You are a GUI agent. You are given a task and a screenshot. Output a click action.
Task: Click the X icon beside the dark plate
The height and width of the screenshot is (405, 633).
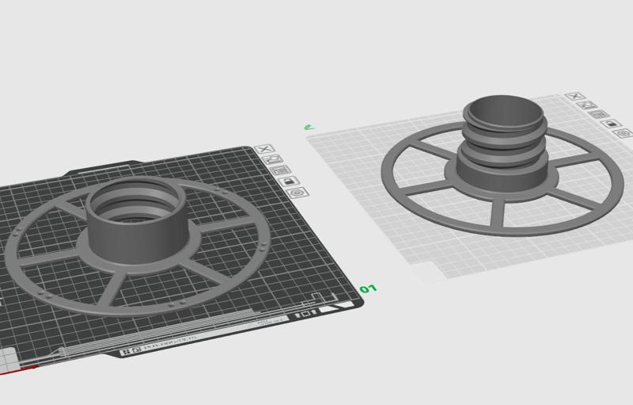tap(266, 149)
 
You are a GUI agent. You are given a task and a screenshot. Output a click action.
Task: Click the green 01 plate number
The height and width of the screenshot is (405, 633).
tap(367, 289)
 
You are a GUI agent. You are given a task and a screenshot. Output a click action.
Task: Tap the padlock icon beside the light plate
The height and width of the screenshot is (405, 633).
tap(610, 124)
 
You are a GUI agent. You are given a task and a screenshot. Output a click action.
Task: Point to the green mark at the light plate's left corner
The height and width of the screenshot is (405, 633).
tap(309, 125)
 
